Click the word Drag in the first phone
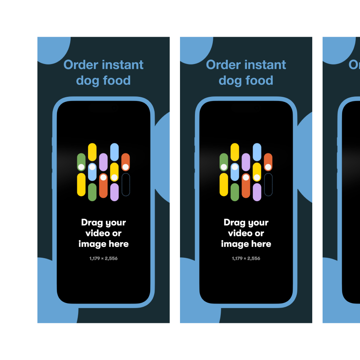coord(91,222)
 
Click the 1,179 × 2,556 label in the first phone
coord(104,259)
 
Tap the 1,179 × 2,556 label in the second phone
coord(246,259)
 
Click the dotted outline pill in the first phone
coord(126,185)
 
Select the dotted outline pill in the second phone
coord(268,185)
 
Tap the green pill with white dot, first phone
coord(81,162)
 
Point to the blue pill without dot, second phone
coord(257,152)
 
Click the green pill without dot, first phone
coord(92,192)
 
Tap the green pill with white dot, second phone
coord(224,162)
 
